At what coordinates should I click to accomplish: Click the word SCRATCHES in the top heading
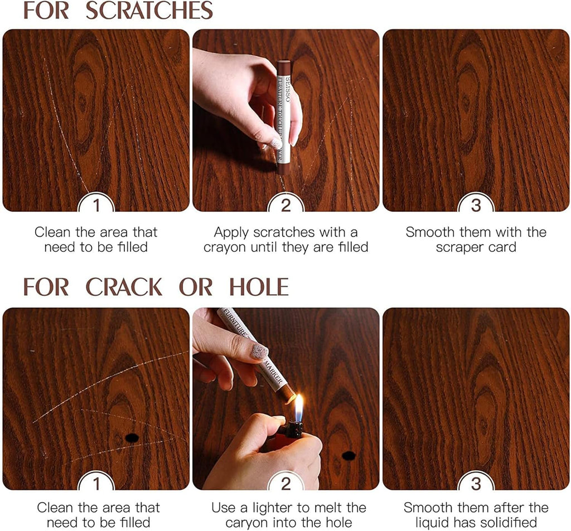pyautogui.click(x=149, y=11)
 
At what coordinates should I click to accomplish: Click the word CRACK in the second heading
pyautogui.click(x=124, y=288)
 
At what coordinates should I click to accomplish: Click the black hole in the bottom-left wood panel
pyautogui.click(x=131, y=438)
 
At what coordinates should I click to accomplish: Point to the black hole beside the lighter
pyautogui.click(x=349, y=456)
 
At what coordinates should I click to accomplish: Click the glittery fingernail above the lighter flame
pyautogui.click(x=258, y=351)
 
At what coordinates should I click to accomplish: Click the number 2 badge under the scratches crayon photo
pyautogui.click(x=285, y=205)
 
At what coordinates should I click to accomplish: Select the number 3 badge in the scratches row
pyautogui.click(x=476, y=205)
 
